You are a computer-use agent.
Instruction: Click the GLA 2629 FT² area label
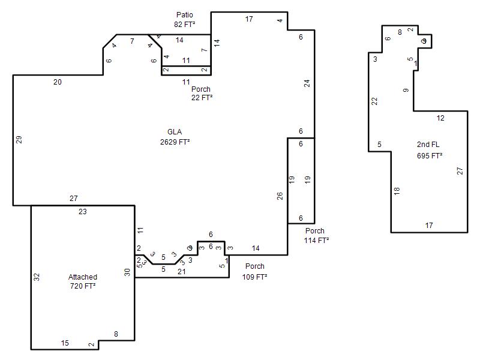pyautogui.click(x=175, y=137)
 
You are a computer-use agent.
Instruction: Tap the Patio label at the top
pyautogui.click(x=185, y=14)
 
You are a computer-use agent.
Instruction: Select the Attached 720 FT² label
pyautogui.click(x=83, y=281)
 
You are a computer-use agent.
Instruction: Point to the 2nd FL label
pyautogui.click(x=428, y=145)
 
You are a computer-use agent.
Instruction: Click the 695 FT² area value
pyautogui.click(x=430, y=155)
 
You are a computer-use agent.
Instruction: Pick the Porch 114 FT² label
pyautogui.click(x=316, y=235)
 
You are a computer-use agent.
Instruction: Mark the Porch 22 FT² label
pyautogui.click(x=201, y=93)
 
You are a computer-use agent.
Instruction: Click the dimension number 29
pyautogui.click(x=19, y=140)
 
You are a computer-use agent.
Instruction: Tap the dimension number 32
pyautogui.click(x=37, y=277)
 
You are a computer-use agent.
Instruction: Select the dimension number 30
pyautogui.click(x=127, y=272)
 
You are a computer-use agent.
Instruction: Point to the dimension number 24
pyautogui.click(x=307, y=83)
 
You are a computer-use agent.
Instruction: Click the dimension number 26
pyautogui.click(x=280, y=196)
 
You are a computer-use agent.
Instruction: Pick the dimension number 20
pyautogui.click(x=57, y=82)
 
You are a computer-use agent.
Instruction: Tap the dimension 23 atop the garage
pyautogui.click(x=82, y=211)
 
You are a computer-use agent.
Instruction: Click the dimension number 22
pyautogui.click(x=375, y=101)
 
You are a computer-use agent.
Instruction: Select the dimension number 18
pyautogui.click(x=397, y=191)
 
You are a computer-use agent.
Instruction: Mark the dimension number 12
pyautogui.click(x=440, y=118)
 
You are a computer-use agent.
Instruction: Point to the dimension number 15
pyautogui.click(x=65, y=343)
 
